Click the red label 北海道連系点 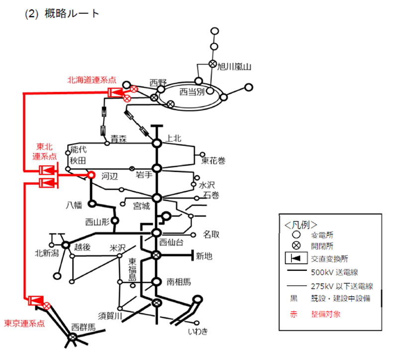tap(92, 80)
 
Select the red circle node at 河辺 tap(91, 175)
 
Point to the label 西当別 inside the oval tap(192, 92)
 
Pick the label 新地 tap(204, 256)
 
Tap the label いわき tap(198, 331)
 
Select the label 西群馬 tap(83, 327)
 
